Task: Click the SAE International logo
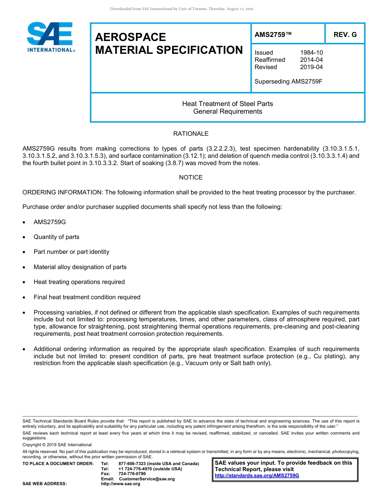[x=50, y=37]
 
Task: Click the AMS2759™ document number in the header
[x=273, y=35]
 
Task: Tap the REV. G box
[x=345, y=35]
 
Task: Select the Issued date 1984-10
[x=311, y=53]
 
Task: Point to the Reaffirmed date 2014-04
[x=311, y=60]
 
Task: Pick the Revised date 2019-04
[x=311, y=67]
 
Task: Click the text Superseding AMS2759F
[x=289, y=82]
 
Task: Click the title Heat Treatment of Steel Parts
[x=228, y=104]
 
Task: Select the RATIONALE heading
[x=191, y=134]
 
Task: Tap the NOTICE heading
[x=191, y=178]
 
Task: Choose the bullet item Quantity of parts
[x=57, y=237]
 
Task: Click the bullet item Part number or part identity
[x=72, y=252]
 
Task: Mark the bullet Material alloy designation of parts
[x=80, y=267]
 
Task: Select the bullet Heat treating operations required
[x=79, y=282]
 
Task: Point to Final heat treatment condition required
[x=87, y=297]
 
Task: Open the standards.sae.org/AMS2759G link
[x=257, y=476]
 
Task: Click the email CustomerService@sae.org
[x=147, y=479]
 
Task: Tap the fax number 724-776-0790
[x=132, y=474]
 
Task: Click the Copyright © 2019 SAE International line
[x=57, y=445]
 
